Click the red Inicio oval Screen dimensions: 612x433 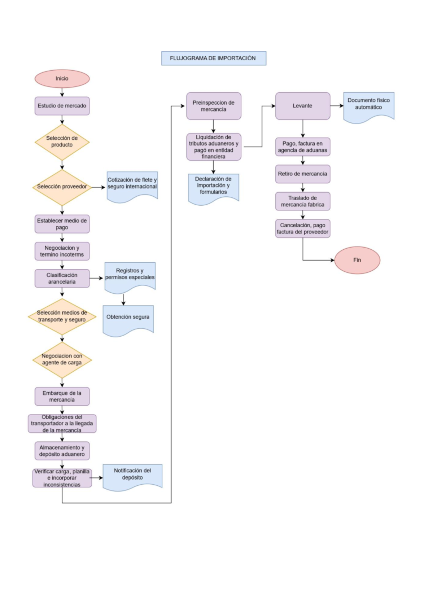[62, 79]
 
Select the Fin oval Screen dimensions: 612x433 [357, 260]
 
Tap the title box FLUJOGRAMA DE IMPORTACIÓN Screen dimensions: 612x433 [214, 58]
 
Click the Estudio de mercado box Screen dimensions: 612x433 [62, 106]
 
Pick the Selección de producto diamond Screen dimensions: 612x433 [62, 142]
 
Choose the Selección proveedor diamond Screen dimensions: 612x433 [62, 187]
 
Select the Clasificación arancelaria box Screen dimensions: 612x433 [62, 279]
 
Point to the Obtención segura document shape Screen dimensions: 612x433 [128, 319]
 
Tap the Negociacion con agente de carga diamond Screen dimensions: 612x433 [62, 360]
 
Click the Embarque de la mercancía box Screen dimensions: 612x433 [62, 397]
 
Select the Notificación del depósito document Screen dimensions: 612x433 [132, 476]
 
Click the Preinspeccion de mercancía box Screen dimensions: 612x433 [214, 106]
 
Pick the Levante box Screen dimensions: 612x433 [303, 106]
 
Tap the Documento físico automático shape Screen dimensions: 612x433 [368, 105]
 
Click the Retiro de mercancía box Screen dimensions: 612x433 [303, 174]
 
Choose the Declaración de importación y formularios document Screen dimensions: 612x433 [213, 187]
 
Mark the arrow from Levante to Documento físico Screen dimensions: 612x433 [337, 106]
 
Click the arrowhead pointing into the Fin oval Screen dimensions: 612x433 [332, 260]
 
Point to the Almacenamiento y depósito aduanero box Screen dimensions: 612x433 [62, 451]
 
